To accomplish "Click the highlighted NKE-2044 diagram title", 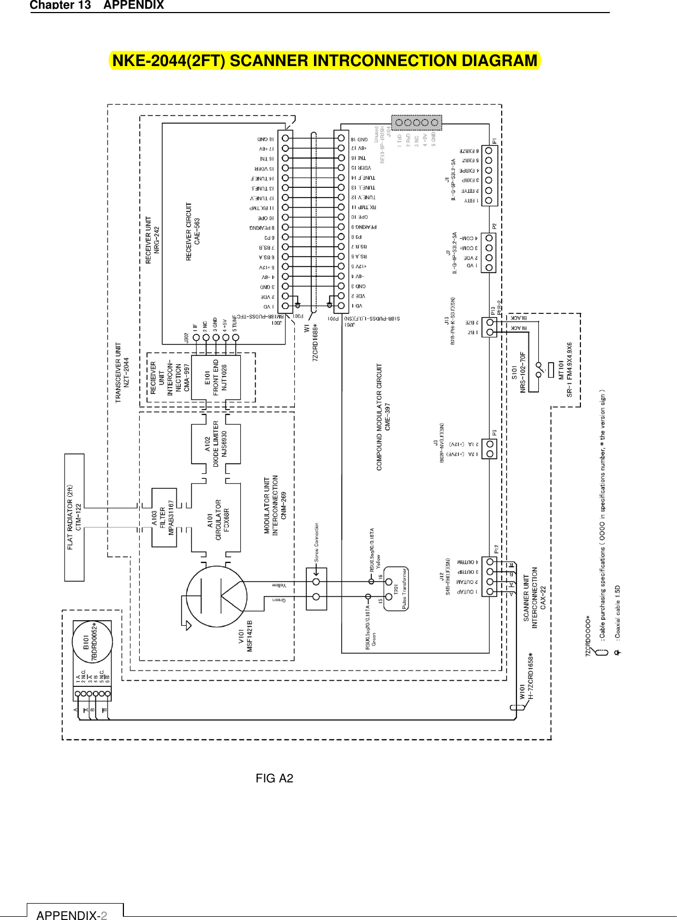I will (325, 61).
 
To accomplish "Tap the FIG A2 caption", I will (274, 778).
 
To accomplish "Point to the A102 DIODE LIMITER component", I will (216, 443).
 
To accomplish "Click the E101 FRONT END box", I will (215, 377).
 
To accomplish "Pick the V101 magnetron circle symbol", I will (216, 596).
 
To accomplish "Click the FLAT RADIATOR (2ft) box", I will (74, 517).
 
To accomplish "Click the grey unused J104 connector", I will (417, 122).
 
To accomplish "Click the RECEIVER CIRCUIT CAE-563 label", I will (193, 231).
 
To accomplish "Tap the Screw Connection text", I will (316, 543).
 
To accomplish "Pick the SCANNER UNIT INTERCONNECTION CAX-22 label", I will (535, 597).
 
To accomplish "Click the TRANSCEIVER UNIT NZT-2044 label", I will (122, 372).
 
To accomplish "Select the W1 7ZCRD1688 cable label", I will (311, 342).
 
